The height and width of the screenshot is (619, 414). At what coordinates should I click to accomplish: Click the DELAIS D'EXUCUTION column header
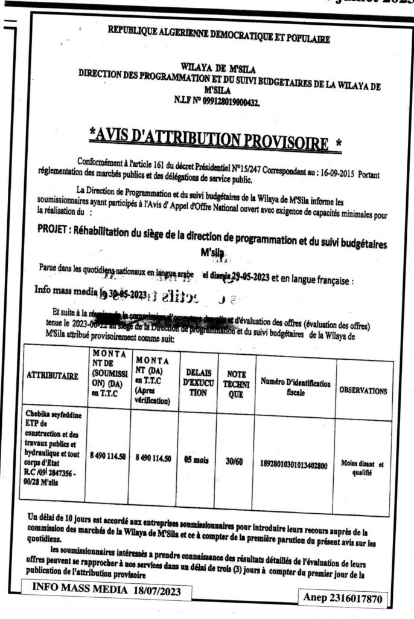click(x=196, y=381)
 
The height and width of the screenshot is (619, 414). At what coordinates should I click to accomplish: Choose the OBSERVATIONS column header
click(x=363, y=391)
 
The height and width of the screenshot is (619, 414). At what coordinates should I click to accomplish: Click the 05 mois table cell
click(x=196, y=459)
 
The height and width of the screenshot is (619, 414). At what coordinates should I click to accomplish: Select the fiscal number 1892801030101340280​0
click(x=293, y=465)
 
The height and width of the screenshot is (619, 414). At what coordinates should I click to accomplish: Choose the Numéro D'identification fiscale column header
click(x=296, y=386)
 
